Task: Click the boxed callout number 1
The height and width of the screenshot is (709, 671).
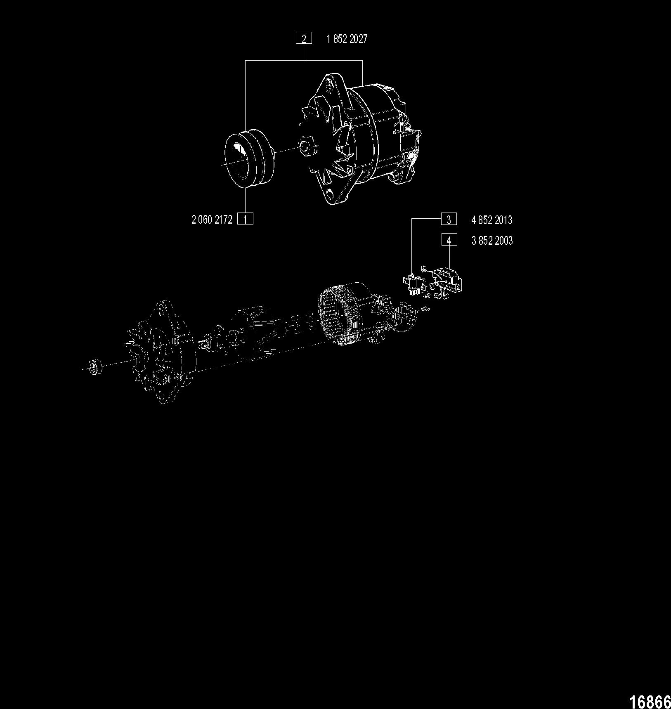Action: pos(246,219)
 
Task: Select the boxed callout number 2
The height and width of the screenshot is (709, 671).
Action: pos(304,38)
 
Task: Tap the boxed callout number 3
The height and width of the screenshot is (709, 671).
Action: pos(449,219)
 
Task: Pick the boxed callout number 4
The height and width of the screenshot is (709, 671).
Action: pos(449,239)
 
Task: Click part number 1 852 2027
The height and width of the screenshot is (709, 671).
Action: pos(347,39)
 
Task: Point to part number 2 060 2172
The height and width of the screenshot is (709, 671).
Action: pos(212,220)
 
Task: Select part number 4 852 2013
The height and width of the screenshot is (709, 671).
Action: pos(492,220)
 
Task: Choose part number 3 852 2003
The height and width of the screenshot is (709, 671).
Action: pos(492,241)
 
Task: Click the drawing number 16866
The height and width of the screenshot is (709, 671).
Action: pos(650,701)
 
